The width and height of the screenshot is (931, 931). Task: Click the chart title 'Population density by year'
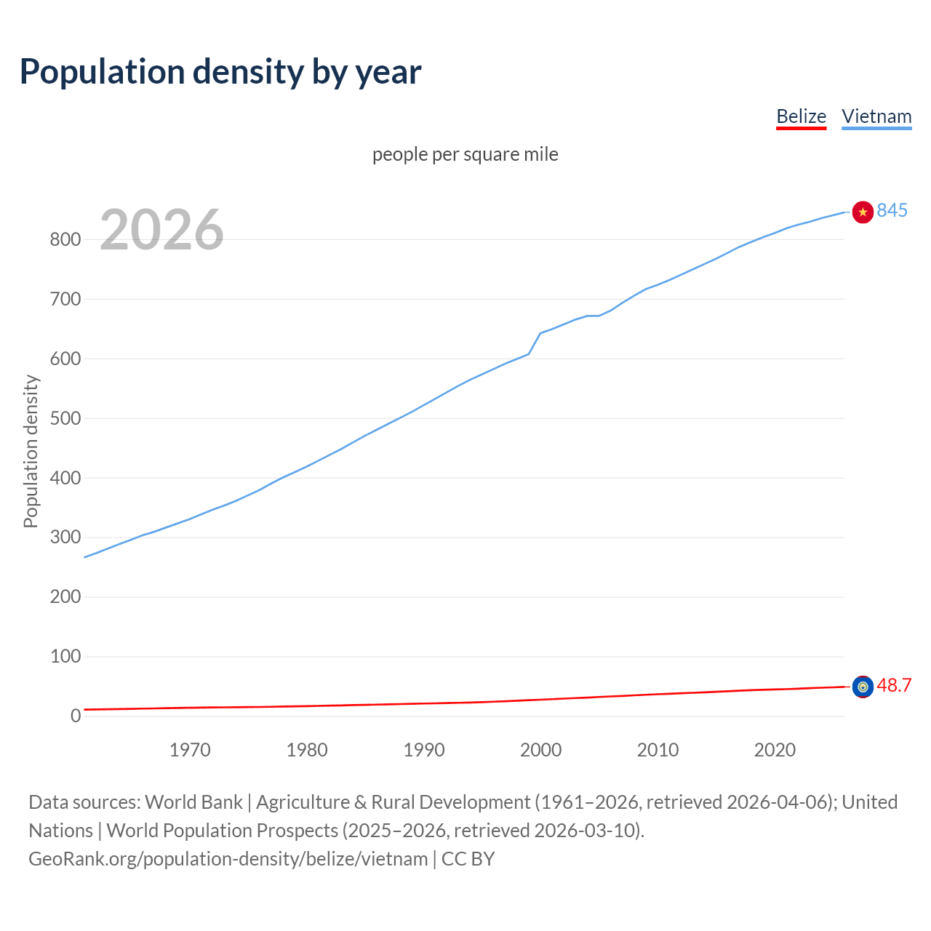point(220,71)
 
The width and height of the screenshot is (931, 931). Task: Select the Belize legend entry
point(801,116)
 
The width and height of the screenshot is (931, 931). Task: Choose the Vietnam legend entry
point(876,116)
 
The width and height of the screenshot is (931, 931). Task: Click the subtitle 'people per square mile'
point(465,154)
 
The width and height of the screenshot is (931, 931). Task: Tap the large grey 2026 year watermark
point(161,230)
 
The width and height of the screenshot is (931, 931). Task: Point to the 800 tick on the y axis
point(65,239)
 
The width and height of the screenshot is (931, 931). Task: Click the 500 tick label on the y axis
point(65,418)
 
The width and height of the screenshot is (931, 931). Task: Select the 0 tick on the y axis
point(76,716)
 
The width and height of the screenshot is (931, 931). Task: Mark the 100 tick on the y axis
point(65,656)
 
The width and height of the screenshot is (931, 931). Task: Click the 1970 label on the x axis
point(190,750)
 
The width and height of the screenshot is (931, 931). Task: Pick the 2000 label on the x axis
point(540,750)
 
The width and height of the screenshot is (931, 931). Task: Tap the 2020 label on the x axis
point(775,750)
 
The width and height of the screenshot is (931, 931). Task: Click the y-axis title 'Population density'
point(31,451)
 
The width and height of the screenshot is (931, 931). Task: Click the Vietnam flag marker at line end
point(863,212)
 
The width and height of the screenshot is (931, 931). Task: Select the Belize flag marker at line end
point(863,687)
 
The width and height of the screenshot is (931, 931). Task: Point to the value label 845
point(892,210)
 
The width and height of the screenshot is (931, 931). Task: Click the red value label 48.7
point(894,685)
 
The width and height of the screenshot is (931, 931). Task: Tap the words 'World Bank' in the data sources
point(193,802)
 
